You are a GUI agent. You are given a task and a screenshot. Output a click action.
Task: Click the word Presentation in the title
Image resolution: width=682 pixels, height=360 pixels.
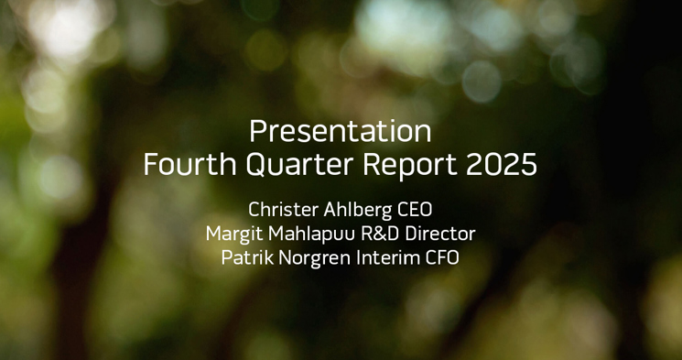click(x=341, y=131)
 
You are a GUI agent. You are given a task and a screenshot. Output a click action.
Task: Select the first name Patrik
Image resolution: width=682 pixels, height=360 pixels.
click(x=246, y=257)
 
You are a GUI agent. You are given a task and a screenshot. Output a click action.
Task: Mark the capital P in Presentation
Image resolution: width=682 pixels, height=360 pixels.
click(x=257, y=131)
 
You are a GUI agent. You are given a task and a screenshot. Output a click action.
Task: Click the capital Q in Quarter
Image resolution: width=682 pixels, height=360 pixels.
click(x=249, y=165)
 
